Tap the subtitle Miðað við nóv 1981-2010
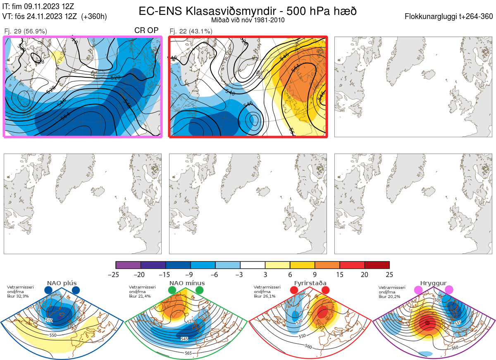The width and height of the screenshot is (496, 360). pos(248,20)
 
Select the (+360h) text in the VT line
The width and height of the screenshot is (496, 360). pos(94,17)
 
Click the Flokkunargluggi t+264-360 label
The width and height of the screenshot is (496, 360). pos(450,17)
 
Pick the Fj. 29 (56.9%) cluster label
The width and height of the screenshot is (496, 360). pos(25,31)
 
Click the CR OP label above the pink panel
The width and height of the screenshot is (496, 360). pos(146,31)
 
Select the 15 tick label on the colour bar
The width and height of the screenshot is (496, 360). pos(340,274)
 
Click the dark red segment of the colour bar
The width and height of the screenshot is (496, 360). pos(377,265)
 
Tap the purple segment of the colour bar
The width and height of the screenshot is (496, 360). pos(128,265)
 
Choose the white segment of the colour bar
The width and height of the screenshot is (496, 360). pos(253,265)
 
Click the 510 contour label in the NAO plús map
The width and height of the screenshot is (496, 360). pos(49,321)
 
